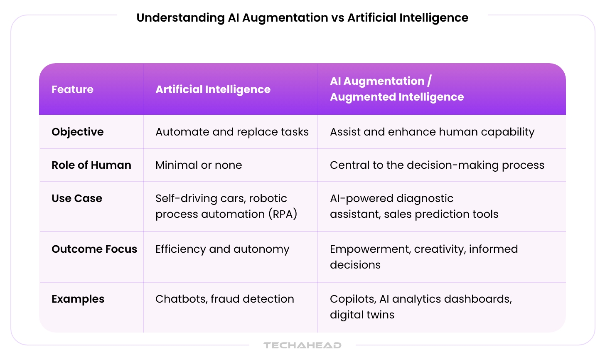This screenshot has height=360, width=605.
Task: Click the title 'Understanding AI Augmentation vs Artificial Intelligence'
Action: point(302,18)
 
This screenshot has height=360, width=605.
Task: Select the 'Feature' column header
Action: point(72,89)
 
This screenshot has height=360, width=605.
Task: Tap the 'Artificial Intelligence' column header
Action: point(213,89)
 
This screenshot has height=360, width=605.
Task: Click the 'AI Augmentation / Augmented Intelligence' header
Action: point(396,89)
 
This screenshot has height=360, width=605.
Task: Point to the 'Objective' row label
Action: point(78,132)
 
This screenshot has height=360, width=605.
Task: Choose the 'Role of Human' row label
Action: point(91,165)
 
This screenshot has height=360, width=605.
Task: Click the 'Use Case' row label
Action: point(77,198)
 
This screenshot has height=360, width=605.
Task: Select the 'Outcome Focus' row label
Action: point(94,249)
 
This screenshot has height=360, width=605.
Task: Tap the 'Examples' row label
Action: point(78,299)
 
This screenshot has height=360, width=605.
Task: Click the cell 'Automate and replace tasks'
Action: point(232,132)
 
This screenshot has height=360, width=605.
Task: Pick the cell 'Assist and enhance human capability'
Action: point(432,132)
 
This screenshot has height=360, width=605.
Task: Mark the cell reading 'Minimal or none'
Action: point(199,165)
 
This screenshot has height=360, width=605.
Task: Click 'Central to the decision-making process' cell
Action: point(437,165)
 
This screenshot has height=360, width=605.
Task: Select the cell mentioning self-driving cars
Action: point(226,206)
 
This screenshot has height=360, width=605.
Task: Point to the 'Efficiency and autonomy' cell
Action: point(222,249)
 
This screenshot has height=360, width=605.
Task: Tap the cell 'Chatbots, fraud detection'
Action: point(224,299)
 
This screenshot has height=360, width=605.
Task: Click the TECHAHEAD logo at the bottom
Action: point(302,345)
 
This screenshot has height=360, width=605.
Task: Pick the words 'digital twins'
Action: point(362,315)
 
